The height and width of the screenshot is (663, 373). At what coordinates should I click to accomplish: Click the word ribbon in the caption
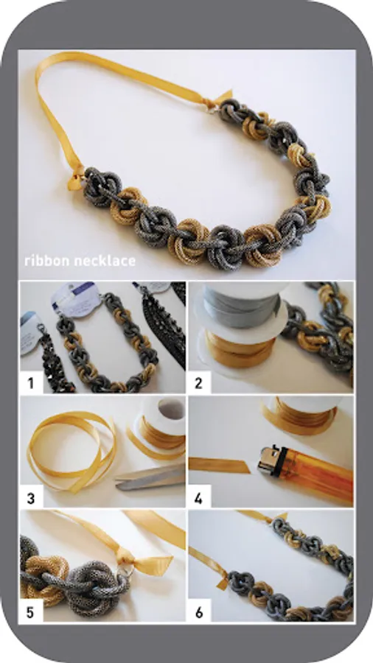click(46, 261)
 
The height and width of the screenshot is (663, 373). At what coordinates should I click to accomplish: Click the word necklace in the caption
click(105, 261)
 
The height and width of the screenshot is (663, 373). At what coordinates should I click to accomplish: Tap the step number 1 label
click(30, 383)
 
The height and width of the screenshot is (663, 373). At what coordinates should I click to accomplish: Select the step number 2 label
click(199, 383)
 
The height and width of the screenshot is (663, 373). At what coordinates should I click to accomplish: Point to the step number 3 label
click(30, 498)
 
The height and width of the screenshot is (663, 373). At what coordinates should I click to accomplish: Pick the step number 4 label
click(199, 498)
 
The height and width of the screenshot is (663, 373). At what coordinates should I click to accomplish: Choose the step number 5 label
click(30, 612)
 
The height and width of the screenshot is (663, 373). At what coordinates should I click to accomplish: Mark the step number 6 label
click(199, 612)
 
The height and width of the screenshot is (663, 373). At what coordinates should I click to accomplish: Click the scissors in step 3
click(150, 478)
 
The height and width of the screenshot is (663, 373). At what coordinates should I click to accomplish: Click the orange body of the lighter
click(315, 474)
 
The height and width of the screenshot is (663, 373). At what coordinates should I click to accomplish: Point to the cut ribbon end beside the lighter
click(219, 465)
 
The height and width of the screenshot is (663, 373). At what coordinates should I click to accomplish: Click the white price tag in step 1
click(74, 298)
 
